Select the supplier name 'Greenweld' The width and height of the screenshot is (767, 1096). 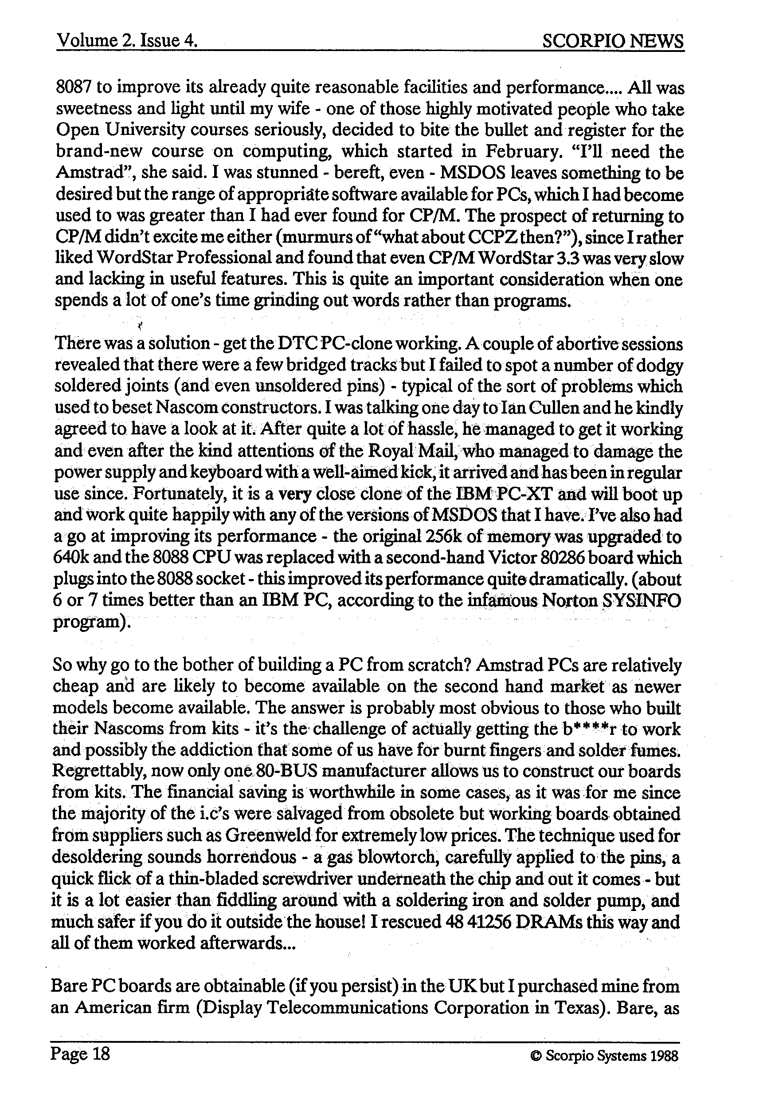click(266, 836)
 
